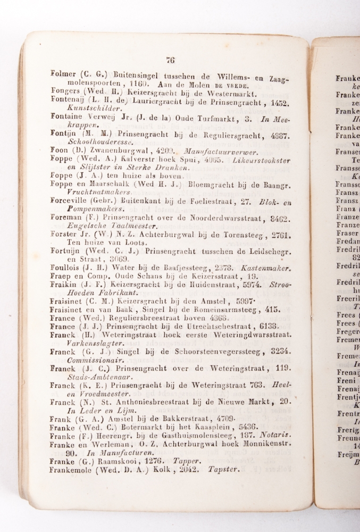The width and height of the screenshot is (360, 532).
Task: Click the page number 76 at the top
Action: click(x=170, y=60)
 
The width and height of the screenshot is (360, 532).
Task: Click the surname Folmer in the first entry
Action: click(x=62, y=74)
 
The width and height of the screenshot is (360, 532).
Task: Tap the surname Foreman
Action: click(x=65, y=218)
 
